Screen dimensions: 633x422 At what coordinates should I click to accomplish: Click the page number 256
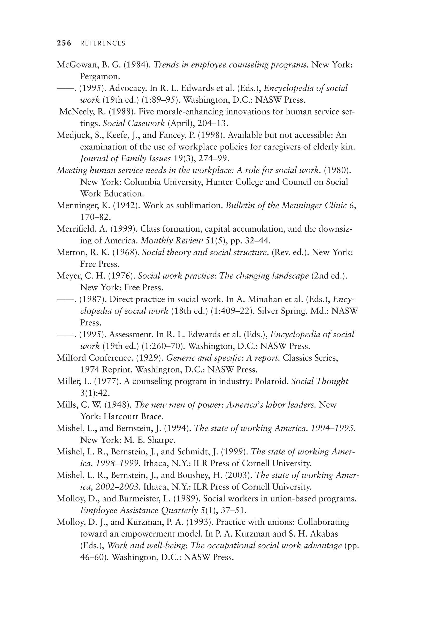(x=64, y=43)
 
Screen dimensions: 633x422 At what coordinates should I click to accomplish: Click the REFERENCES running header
(x=103, y=44)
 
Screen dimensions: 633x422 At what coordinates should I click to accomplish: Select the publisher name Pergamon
(x=99, y=77)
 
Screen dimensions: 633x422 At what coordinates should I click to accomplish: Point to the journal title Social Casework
(x=134, y=123)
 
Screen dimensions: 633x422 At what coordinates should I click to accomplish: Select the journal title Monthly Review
(x=172, y=241)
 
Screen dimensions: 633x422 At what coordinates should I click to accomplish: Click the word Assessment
(x=131, y=334)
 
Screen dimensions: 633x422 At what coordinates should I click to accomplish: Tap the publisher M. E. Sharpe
(x=149, y=440)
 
